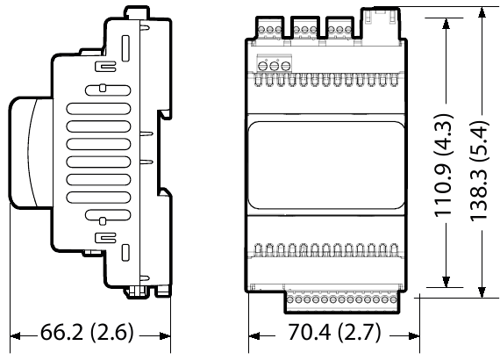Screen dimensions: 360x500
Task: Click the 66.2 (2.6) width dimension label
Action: pyautogui.click(x=87, y=335)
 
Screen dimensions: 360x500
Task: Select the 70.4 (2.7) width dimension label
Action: pyautogui.click(x=333, y=335)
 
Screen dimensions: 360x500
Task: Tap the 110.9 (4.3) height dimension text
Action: pyautogui.click(x=445, y=165)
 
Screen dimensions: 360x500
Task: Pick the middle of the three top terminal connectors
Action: pyautogui.click(x=304, y=28)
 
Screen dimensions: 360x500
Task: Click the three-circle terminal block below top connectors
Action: pyautogui.click(x=273, y=65)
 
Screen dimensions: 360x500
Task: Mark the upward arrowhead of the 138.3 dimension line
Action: pyautogui.click(x=481, y=15)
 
